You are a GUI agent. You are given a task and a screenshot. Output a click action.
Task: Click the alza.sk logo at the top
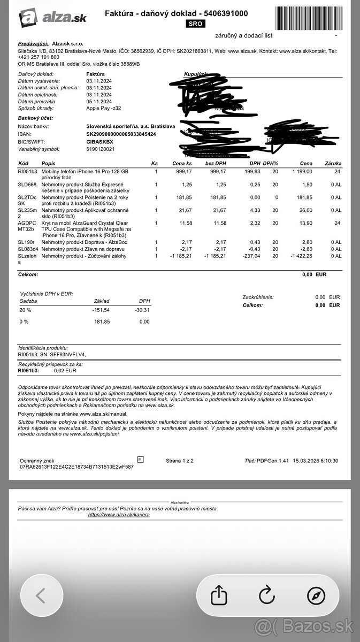[x=52, y=18]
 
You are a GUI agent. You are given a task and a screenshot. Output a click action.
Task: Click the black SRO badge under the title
[x=195, y=24]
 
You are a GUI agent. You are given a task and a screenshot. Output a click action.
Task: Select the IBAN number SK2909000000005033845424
[x=121, y=134]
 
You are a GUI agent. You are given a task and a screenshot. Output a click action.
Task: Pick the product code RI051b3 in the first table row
[x=27, y=171]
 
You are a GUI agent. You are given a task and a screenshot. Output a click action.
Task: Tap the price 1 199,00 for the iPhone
[x=302, y=171]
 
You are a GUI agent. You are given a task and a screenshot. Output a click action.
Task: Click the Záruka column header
[x=332, y=163]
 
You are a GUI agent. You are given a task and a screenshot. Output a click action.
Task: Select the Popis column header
[x=49, y=163]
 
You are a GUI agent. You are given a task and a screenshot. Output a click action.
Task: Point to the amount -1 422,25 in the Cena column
[x=301, y=256]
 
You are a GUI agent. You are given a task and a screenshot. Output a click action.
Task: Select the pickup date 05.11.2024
[x=99, y=101]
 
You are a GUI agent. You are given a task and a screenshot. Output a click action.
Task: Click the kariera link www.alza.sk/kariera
[x=119, y=515]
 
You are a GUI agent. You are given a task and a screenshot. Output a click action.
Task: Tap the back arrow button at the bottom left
[x=41, y=594]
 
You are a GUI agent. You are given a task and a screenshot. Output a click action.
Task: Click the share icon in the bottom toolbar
[x=218, y=594]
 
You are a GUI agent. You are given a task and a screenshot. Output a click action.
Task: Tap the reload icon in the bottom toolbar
[x=266, y=594]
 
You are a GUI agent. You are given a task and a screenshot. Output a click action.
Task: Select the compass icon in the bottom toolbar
[x=316, y=594]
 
